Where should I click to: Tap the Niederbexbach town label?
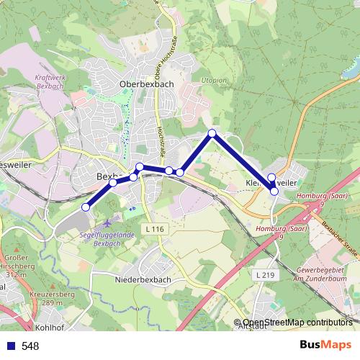[x=142, y=277]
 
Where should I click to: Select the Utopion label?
[x=214, y=80]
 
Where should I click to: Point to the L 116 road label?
[x=155, y=228]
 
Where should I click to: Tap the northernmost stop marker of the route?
[x=212, y=133]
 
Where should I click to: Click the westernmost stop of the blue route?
[x=86, y=207]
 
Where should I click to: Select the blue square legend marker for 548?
[x=11, y=346]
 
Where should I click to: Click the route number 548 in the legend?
[x=30, y=346]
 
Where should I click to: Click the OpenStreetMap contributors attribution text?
[x=297, y=323]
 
